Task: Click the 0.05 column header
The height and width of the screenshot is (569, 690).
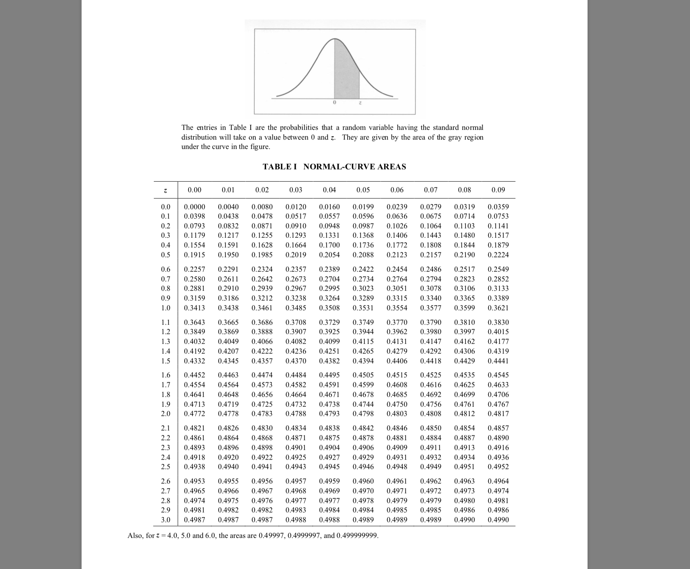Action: [363, 190]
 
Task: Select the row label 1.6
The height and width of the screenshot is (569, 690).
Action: [166, 375]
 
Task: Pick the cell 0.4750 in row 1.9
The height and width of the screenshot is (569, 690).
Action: [397, 404]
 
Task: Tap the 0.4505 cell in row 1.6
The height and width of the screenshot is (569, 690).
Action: [363, 375]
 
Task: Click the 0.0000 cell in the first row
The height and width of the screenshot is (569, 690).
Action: [194, 207]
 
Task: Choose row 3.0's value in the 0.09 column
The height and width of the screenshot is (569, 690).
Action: [498, 520]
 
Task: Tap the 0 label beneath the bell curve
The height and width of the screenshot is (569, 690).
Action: [334, 103]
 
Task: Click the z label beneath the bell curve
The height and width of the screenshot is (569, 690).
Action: [360, 103]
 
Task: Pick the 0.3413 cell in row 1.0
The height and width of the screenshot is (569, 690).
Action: [194, 308]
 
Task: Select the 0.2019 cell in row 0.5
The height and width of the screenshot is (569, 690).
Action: [295, 255]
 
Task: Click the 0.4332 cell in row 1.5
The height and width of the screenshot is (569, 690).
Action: [194, 361]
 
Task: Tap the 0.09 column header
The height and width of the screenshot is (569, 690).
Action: [498, 190]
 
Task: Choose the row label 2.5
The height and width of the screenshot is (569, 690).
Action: [166, 467]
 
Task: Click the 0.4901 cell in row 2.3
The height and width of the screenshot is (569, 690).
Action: [295, 448]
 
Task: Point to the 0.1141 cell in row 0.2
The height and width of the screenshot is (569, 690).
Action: [498, 226]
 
